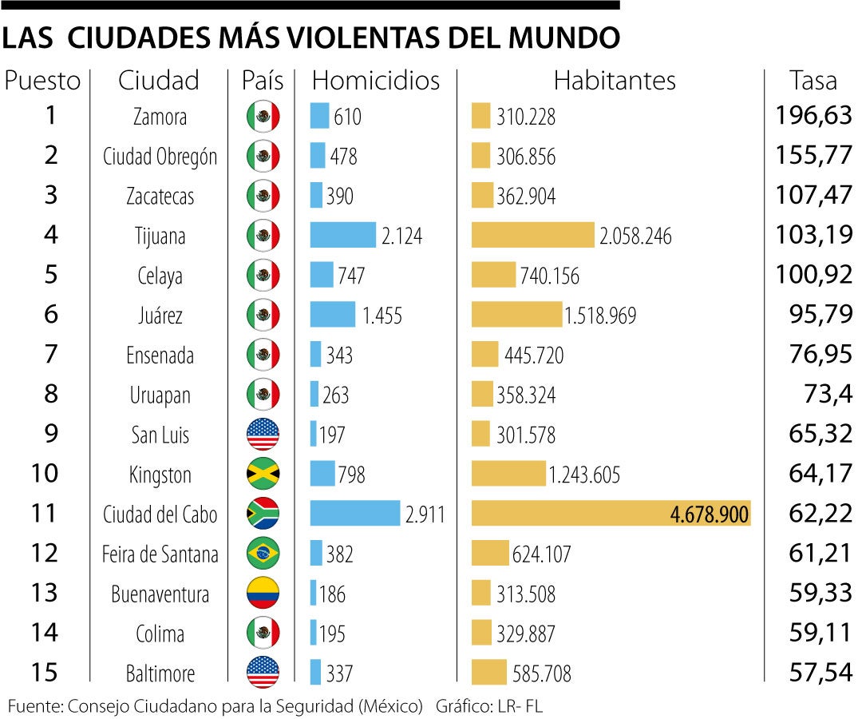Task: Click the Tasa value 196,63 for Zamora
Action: click(x=813, y=116)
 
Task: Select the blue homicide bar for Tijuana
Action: click(x=342, y=235)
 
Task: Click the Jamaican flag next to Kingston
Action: click(x=263, y=475)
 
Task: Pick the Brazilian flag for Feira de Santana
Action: click(x=263, y=554)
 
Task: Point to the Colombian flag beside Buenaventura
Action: click(x=263, y=594)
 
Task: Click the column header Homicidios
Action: click(x=375, y=80)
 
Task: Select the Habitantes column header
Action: click(x=615, y=80)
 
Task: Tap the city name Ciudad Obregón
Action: click(x=160, y=157)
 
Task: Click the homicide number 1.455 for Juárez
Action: click(x=382, y=316)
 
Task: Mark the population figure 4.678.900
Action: click(x=710, y=514)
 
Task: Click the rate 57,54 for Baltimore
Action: click(x=820, y=673)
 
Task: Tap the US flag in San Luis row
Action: click(x=263, y=435)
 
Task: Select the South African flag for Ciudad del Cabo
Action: click(x=263, y=514)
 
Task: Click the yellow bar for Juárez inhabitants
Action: click(x=516, y=315)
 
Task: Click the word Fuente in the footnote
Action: click(x=35, y=705)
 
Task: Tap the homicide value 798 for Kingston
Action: click(x=351, y=475)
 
